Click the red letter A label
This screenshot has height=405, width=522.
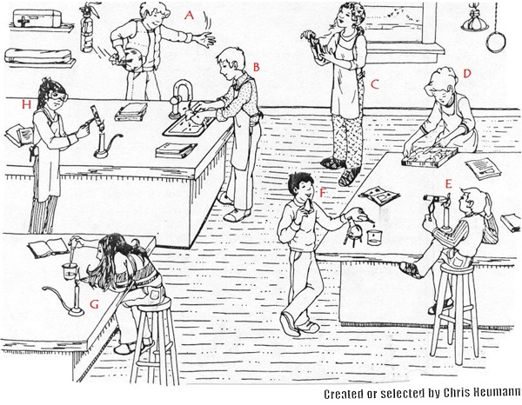click(x=189, y=15)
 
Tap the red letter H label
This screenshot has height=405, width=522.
click(x=26, y=105)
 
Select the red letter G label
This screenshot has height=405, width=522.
click(x=95, y=304)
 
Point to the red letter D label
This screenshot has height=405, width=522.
click(x=467, y=74)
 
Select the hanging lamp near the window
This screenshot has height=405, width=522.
click(x=473, y=23)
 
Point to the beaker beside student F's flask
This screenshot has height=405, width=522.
click(x=374, y=237)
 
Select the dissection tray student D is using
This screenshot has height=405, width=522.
click(x=429, y=157)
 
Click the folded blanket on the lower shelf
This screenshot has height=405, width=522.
click(x=39, y=56)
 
